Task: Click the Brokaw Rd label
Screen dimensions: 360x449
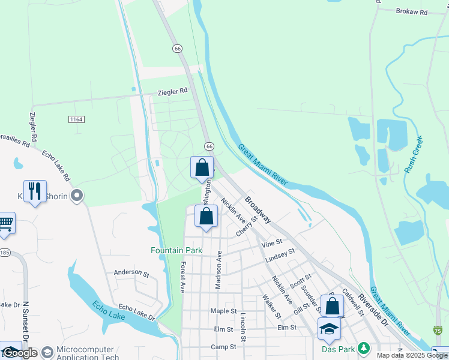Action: [415, 11]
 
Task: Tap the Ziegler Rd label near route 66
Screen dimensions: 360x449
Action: [172, 92]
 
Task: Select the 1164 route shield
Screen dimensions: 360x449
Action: [76, 119]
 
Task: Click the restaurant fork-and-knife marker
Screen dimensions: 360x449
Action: [35, 191]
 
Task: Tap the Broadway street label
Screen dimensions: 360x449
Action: [258, 209]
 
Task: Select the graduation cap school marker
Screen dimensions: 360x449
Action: [328, 329]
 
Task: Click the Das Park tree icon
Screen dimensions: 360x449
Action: [363, 348]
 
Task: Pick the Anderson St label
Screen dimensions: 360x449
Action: [131, 272]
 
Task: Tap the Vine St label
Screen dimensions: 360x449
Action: [271, 244]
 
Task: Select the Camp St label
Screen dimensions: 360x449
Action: [223, 347]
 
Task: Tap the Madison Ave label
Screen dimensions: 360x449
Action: [218, 270]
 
